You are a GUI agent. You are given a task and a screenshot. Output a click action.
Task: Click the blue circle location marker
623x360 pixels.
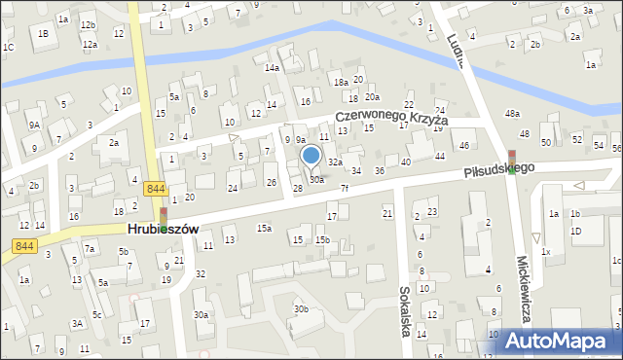311,155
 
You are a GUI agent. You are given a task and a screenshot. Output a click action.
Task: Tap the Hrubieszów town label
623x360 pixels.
163,229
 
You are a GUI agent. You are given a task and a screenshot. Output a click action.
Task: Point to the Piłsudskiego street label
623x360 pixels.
499,169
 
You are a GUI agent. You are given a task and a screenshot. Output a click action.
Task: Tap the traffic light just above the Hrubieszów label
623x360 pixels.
163,215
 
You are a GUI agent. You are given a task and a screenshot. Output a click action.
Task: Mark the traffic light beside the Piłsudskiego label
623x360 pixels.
512,160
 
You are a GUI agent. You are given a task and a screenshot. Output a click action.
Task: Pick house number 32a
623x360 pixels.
335,162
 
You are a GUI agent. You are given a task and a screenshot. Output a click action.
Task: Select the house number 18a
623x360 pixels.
340,83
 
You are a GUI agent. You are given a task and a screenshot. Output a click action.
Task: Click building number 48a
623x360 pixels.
512,114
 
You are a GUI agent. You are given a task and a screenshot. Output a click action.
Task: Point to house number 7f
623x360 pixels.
344,188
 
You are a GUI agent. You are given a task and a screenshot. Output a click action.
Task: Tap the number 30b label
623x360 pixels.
302,309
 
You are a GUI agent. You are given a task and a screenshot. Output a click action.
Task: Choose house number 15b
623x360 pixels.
322,239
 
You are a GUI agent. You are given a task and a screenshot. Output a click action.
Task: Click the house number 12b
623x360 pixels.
89,24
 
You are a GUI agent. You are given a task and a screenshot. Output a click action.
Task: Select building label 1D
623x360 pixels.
575,231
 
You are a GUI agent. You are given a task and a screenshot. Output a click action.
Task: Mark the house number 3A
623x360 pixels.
77,323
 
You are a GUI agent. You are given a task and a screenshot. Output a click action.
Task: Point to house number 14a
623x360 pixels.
273,67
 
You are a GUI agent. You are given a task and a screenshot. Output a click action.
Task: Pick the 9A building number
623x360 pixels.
34,125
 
